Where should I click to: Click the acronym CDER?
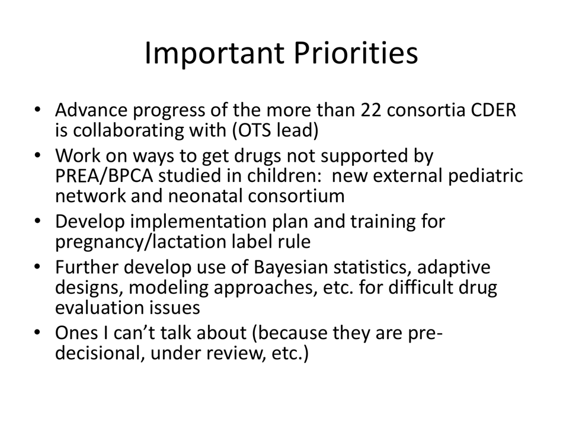click(x=490, y=111)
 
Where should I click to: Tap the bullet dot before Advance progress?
click(x=38, y=111)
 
